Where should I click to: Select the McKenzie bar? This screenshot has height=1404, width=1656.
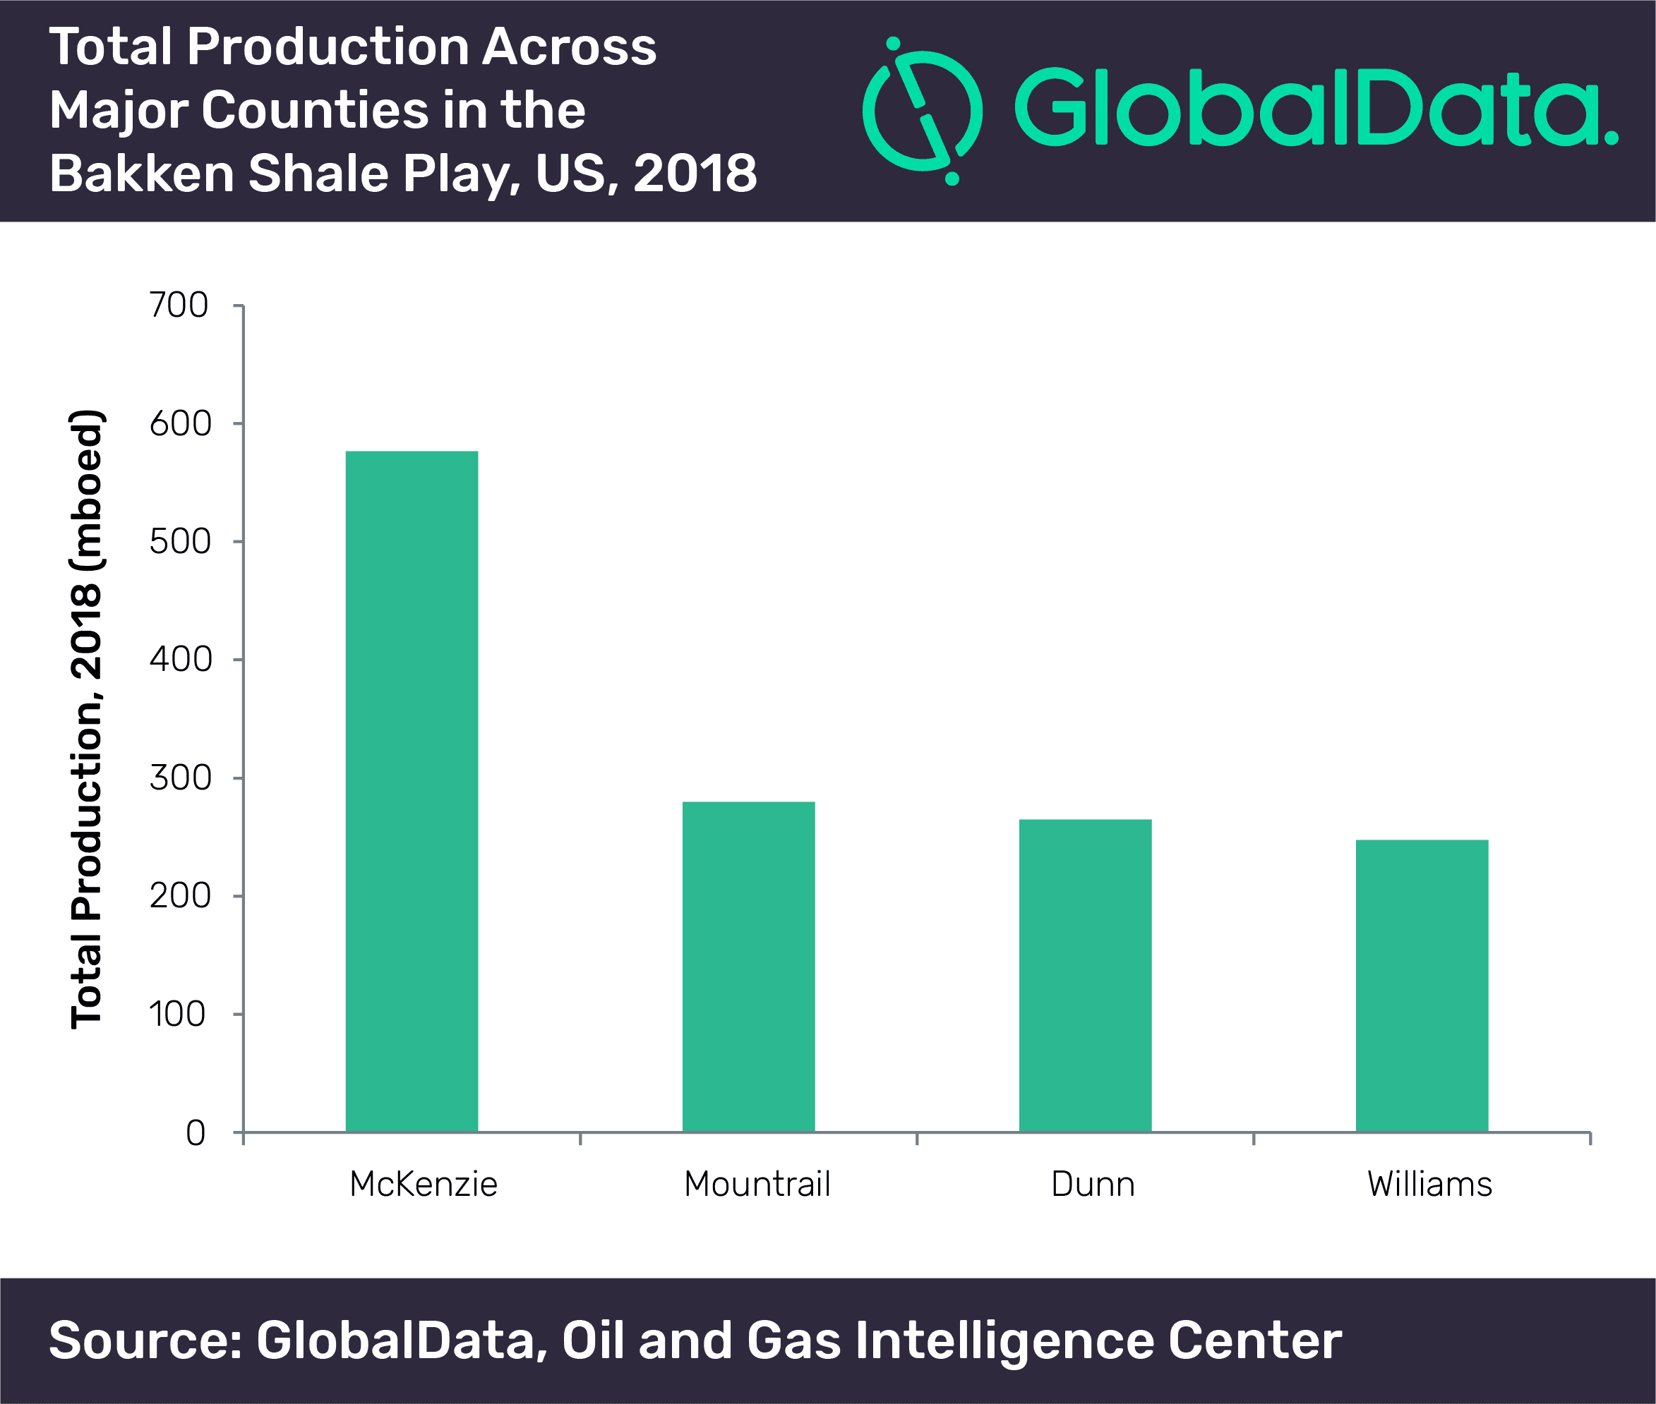412,791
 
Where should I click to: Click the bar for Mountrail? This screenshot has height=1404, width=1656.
748,967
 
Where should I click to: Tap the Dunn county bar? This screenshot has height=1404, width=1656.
1085,975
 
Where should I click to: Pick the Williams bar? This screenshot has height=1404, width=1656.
1422,986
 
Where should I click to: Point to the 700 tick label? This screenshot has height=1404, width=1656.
179,305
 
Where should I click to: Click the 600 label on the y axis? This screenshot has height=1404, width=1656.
180,423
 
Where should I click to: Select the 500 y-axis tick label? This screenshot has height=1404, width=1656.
180,541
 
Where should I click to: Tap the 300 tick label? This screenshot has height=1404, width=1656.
180,777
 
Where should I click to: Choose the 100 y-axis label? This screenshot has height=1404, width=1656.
178,1014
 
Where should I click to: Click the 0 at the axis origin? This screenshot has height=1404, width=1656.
196,1132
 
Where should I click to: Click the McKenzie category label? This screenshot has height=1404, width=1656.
424,1185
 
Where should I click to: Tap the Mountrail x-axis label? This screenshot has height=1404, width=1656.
757,1185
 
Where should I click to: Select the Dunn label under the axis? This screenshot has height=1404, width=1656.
1093,1185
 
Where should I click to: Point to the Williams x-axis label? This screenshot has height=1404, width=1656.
1430,1185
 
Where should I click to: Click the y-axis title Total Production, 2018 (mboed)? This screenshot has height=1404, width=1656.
88,720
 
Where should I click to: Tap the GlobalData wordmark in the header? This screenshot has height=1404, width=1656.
1316,107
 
